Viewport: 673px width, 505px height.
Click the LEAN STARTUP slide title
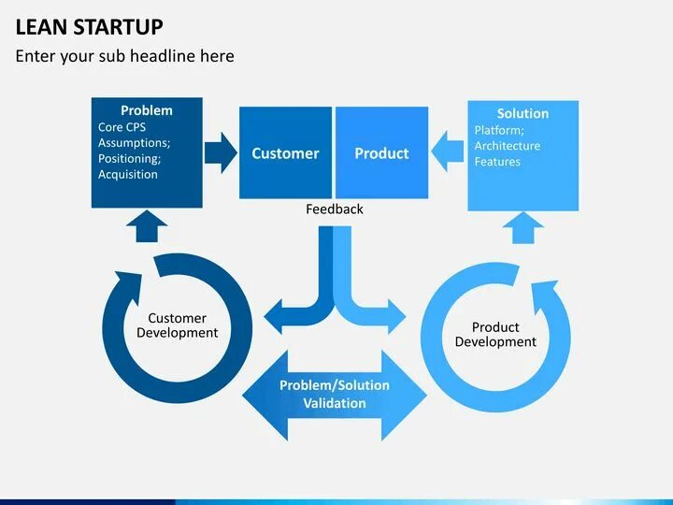coord(89,26)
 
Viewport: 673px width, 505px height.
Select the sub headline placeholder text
coord(124,56)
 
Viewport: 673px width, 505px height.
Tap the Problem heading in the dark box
coord(147,110)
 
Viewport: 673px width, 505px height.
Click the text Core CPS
coord(122,127)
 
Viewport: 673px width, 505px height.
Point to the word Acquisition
coord(128,175)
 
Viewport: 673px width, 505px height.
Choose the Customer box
coord(285,153)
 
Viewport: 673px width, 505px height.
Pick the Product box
coord(381,153)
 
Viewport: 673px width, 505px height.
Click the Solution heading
coord(523,114)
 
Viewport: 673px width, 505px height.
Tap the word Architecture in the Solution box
coord(508,146)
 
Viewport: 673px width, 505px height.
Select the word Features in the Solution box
coord(497,162)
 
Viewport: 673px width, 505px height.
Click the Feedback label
coord(335,209)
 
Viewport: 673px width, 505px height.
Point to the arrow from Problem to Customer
coord(221,152)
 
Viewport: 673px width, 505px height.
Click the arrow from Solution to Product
coord(448,152)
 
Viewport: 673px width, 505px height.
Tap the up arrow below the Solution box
coord(523,226)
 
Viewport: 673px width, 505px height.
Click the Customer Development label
coord(177,325)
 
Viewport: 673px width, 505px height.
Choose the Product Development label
coord(495,335)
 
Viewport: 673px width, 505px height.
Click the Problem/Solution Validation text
coord(335,395)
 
